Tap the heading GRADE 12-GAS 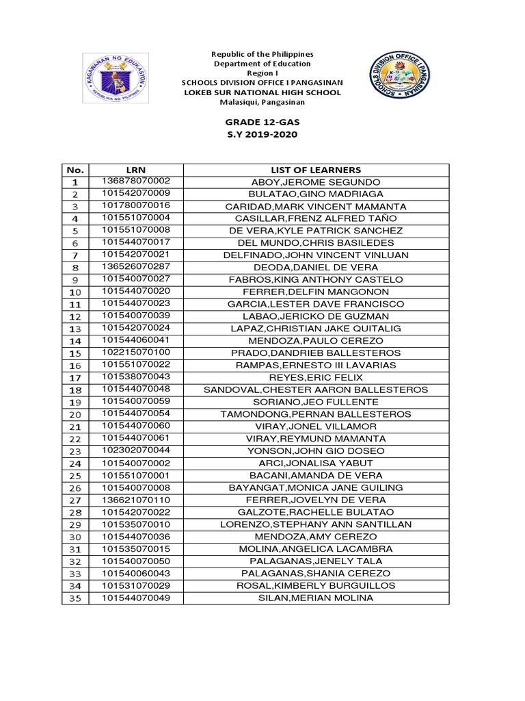click(262, 121)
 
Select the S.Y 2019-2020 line click(262, 134)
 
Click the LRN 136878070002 click(136, 181)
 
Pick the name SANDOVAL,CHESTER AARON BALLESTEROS click(316, 390)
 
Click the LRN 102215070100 click(136, 353)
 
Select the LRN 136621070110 click(136, 500)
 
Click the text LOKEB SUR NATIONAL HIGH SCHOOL click(262, 92)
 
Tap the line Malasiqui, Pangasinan click(262, 102)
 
